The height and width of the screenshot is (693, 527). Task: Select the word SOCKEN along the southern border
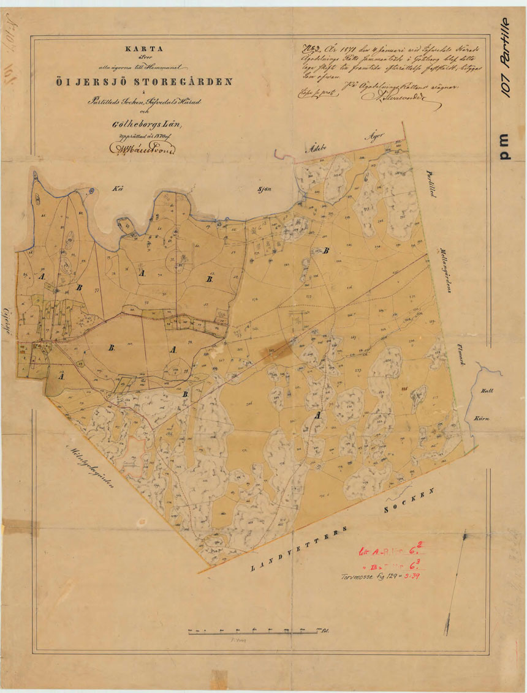click(409, 501)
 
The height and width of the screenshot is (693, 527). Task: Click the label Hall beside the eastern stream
click(487, 391)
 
